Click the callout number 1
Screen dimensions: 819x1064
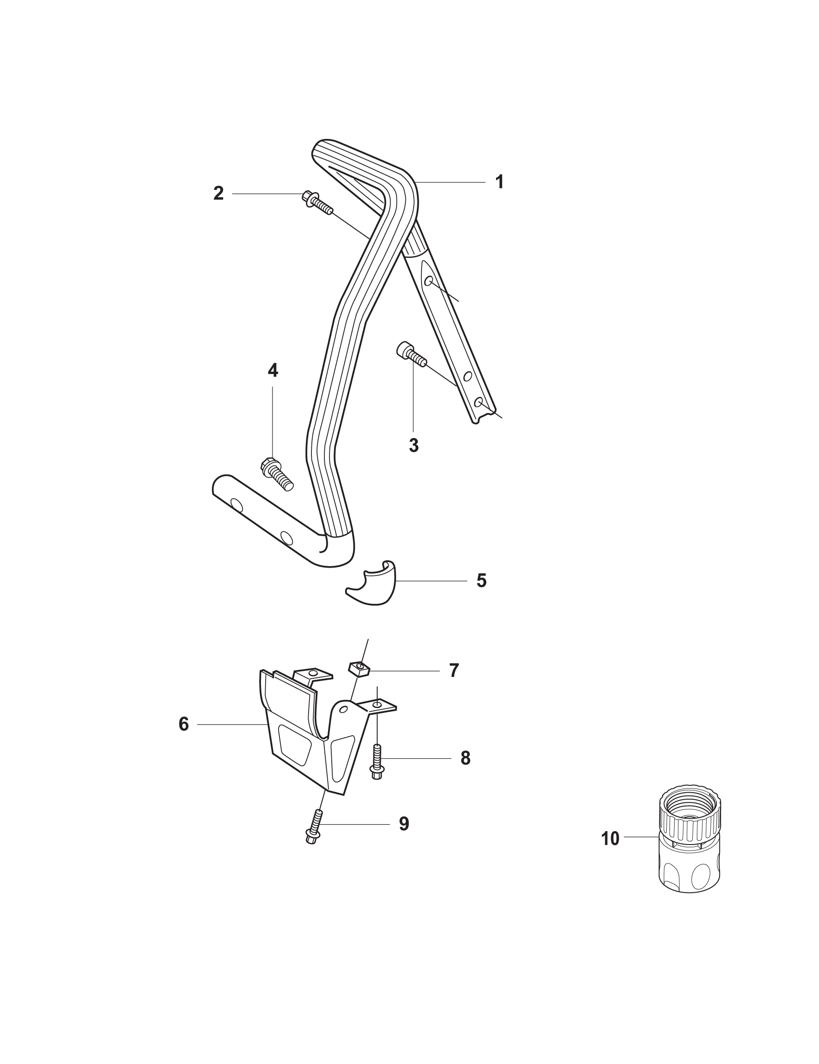coord(499,182)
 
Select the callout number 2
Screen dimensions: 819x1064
coord(218,194)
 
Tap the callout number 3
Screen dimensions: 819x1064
coord(413,445)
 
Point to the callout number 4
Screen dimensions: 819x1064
coord(273,371)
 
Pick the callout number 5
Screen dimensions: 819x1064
coord(481,581)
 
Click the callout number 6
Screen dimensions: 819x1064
coord(184,725)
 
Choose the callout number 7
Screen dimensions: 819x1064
coord(454,671)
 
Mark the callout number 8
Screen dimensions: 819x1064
coord(465,758)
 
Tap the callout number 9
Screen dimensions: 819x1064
coord(403,824)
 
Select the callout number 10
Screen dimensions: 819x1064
coord(610,839)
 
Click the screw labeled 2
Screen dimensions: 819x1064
coord(317,202)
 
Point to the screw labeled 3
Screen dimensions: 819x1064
coord(411,354)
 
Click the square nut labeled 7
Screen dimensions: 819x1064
coord(360,670)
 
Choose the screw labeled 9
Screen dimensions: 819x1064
coord(314,827)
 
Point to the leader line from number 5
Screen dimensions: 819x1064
coord(431,581)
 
